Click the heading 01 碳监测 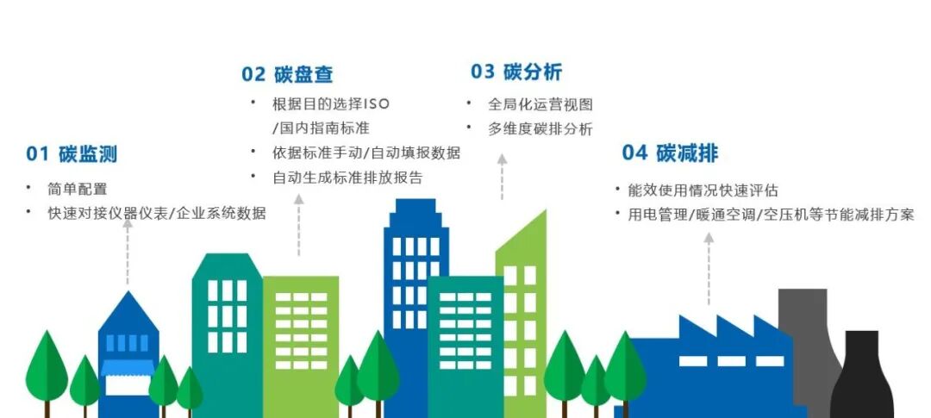(71, 155)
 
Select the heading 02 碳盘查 (287, 74)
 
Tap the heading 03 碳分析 (516, 72)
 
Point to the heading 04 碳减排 (670, 153)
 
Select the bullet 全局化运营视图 (540, 104)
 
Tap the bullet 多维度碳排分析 (540, 129)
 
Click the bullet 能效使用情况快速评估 (703, 190)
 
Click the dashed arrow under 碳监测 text (128, 250)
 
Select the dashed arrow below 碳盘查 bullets (298, 224)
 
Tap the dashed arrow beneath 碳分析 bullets (502, 177)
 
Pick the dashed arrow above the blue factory (709, 267)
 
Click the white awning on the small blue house (128, 368)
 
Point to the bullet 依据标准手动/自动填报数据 (366, 153)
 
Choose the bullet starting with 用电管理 (770, 215)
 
